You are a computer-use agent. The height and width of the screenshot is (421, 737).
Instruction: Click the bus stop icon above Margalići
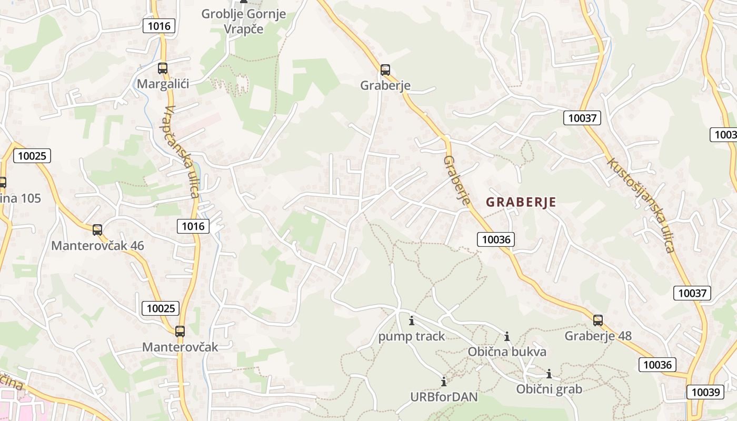(163, 68)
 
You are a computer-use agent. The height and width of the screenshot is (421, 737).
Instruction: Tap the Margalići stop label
(163, 84)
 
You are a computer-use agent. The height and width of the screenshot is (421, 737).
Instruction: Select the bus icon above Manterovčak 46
(97, 230)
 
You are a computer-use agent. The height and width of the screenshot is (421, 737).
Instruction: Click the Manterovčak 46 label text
(97, 246)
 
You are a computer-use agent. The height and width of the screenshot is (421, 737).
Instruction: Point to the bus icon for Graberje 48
(598, 320)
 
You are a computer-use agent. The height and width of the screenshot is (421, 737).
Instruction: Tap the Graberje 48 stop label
(598, 336)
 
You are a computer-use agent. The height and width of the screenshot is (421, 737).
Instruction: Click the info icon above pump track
(412, 320)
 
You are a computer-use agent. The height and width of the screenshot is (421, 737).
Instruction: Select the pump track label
(412, 336)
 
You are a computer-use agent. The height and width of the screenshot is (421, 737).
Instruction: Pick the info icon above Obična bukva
(507, 336)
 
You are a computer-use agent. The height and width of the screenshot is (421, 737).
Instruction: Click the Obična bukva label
(507, 352)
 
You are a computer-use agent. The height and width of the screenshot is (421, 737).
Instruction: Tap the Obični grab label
(549, 389)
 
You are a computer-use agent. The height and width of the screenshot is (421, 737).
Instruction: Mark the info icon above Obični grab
(549, 374)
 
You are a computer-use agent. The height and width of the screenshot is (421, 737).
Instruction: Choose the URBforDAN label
(444, 397)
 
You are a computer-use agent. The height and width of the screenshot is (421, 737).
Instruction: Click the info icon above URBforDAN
(444, 382)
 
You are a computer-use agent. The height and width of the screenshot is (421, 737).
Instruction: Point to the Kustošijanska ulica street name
(641, 205)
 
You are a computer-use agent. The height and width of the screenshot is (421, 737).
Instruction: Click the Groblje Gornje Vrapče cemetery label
(243, 21)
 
